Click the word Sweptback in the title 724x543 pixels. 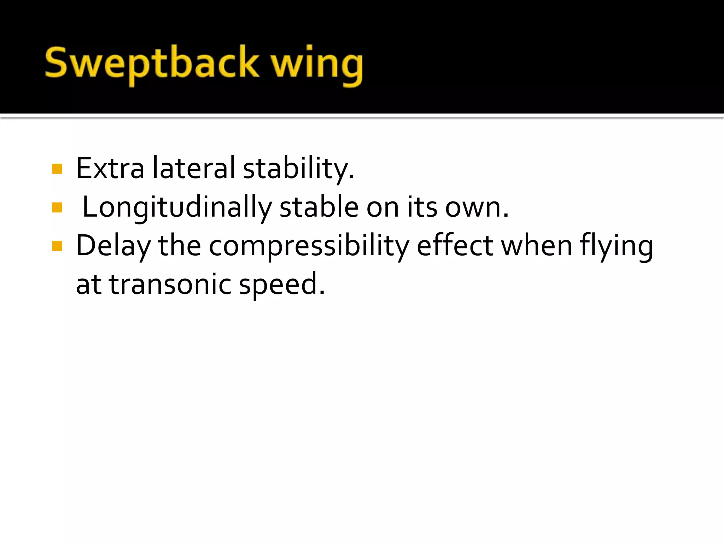152,64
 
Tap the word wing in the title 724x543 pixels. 316,65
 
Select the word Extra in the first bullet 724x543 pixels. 110,168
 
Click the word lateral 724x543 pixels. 193,168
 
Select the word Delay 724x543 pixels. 113,246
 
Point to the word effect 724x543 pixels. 455,245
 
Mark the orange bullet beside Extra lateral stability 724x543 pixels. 57,169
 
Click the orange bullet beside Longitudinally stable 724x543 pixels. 57,208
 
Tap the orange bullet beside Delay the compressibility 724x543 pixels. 57,246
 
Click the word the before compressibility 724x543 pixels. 179,245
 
